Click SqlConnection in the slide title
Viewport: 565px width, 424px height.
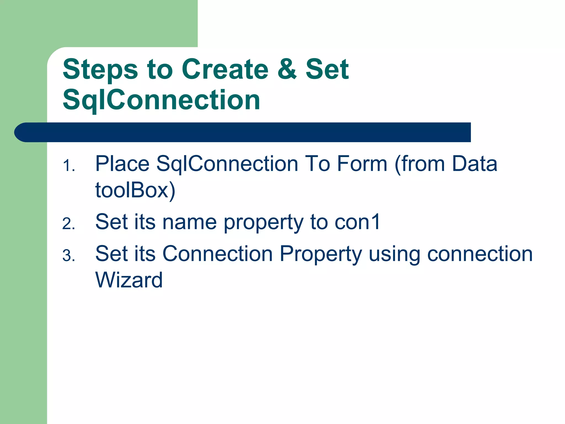click(161, 100)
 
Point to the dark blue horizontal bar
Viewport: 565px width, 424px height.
click(243, 132)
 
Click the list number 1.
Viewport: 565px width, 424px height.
click(69, 166)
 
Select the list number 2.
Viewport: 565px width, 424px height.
click(69, 224)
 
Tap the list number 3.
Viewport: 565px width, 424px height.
click(69, 256)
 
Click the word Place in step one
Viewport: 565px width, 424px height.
click(122, 164)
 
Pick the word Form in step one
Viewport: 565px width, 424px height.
click(362, 164)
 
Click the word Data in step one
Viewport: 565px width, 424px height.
click(475, 164)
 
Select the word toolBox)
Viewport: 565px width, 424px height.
click(135, 190)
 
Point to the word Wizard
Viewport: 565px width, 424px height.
click(129, 280)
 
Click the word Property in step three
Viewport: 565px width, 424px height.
click(321, 254)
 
